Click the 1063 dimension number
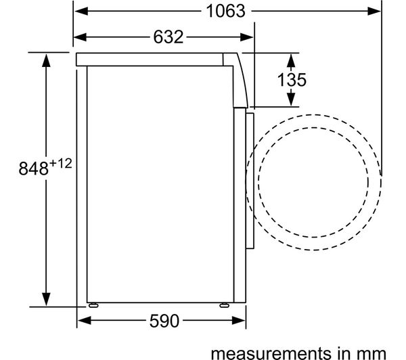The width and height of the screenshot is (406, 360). click(225, 11)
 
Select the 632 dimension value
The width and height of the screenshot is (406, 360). click(168, 37)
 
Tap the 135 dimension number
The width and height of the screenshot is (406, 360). click(292, 79)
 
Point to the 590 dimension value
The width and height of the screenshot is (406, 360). click(164, 321)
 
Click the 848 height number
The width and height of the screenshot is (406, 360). click(33, 168)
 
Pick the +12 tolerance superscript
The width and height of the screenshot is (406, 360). click(61, 164)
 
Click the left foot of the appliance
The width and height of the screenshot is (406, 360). click(93, 305)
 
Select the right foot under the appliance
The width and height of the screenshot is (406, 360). click(224, 305)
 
